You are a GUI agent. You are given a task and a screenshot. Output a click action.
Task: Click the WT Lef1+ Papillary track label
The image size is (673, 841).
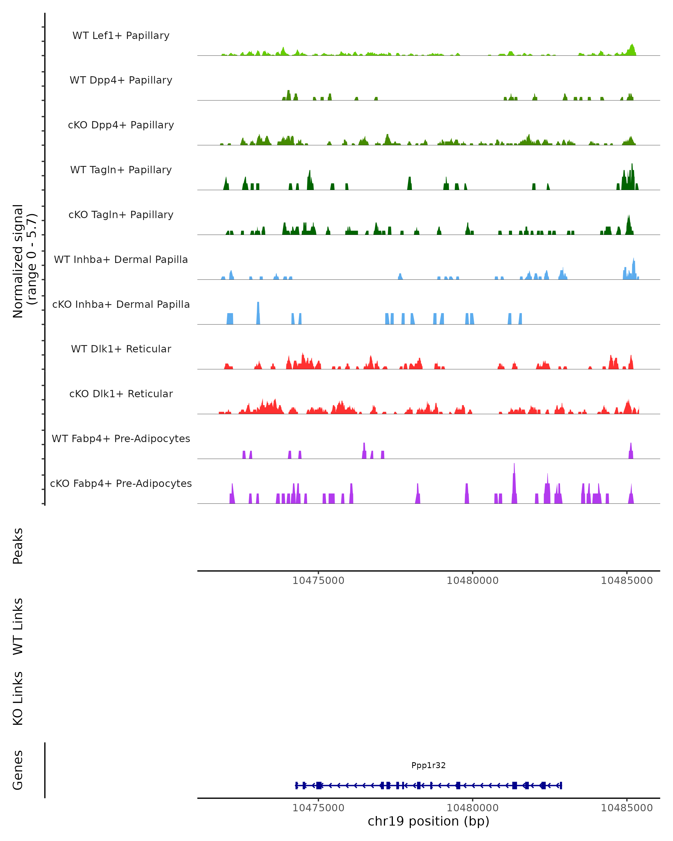point(121,36)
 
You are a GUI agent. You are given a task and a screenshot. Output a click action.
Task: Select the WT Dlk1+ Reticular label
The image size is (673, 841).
point(121,349)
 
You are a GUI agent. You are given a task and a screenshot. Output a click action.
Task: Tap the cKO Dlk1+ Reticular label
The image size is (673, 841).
point(121,394)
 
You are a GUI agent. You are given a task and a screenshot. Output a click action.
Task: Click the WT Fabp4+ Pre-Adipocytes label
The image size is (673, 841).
point(121,438)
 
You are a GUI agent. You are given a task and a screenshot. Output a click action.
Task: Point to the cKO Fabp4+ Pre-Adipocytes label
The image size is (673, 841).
point(121,483)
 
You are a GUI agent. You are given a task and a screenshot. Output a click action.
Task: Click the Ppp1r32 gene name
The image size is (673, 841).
point(428,765)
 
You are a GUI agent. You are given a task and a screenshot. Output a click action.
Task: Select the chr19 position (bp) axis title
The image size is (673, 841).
point(428,821)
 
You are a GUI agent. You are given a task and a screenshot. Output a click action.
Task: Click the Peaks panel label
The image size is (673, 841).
point(18,546)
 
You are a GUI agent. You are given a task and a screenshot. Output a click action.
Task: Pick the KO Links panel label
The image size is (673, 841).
point(18,698)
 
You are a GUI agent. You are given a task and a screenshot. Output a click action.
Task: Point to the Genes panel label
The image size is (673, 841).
point(18,770)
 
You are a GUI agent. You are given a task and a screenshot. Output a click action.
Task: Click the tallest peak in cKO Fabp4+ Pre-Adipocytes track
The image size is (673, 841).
point(514,468)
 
